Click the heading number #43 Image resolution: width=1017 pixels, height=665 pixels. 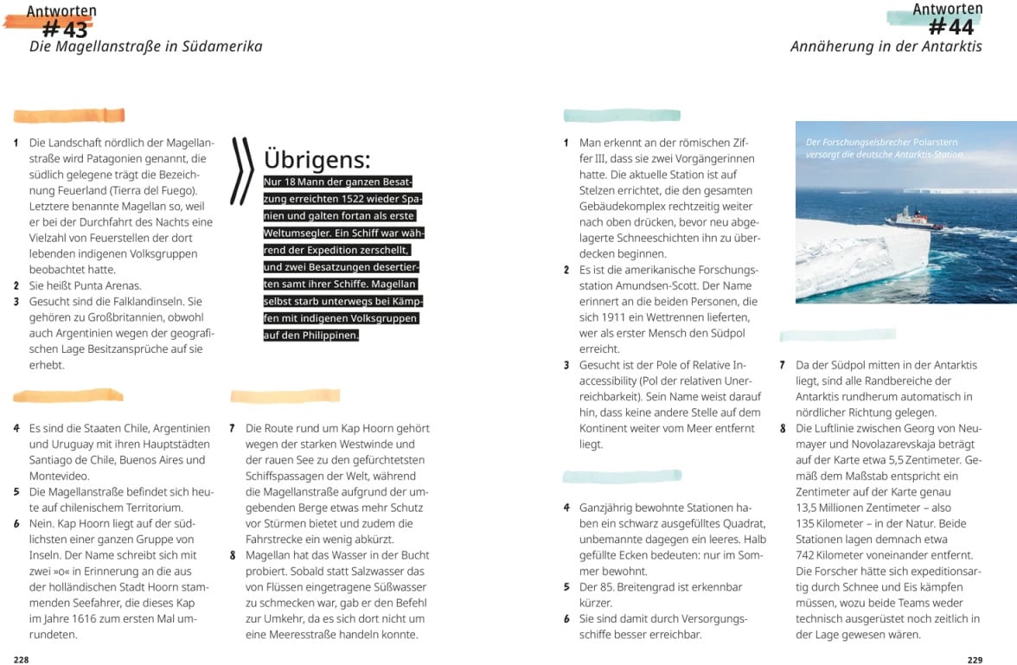pos(65,30)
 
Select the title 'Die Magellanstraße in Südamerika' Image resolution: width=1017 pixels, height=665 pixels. pos(145,47)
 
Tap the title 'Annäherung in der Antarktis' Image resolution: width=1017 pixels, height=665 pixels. pos(886,47)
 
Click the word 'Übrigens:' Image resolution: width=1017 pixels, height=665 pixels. pos(317,159)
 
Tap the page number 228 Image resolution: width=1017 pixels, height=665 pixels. pos(21,659)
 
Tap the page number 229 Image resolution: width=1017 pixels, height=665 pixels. pos(975,659)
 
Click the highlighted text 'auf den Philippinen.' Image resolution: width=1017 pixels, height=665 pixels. pos(311,335)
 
